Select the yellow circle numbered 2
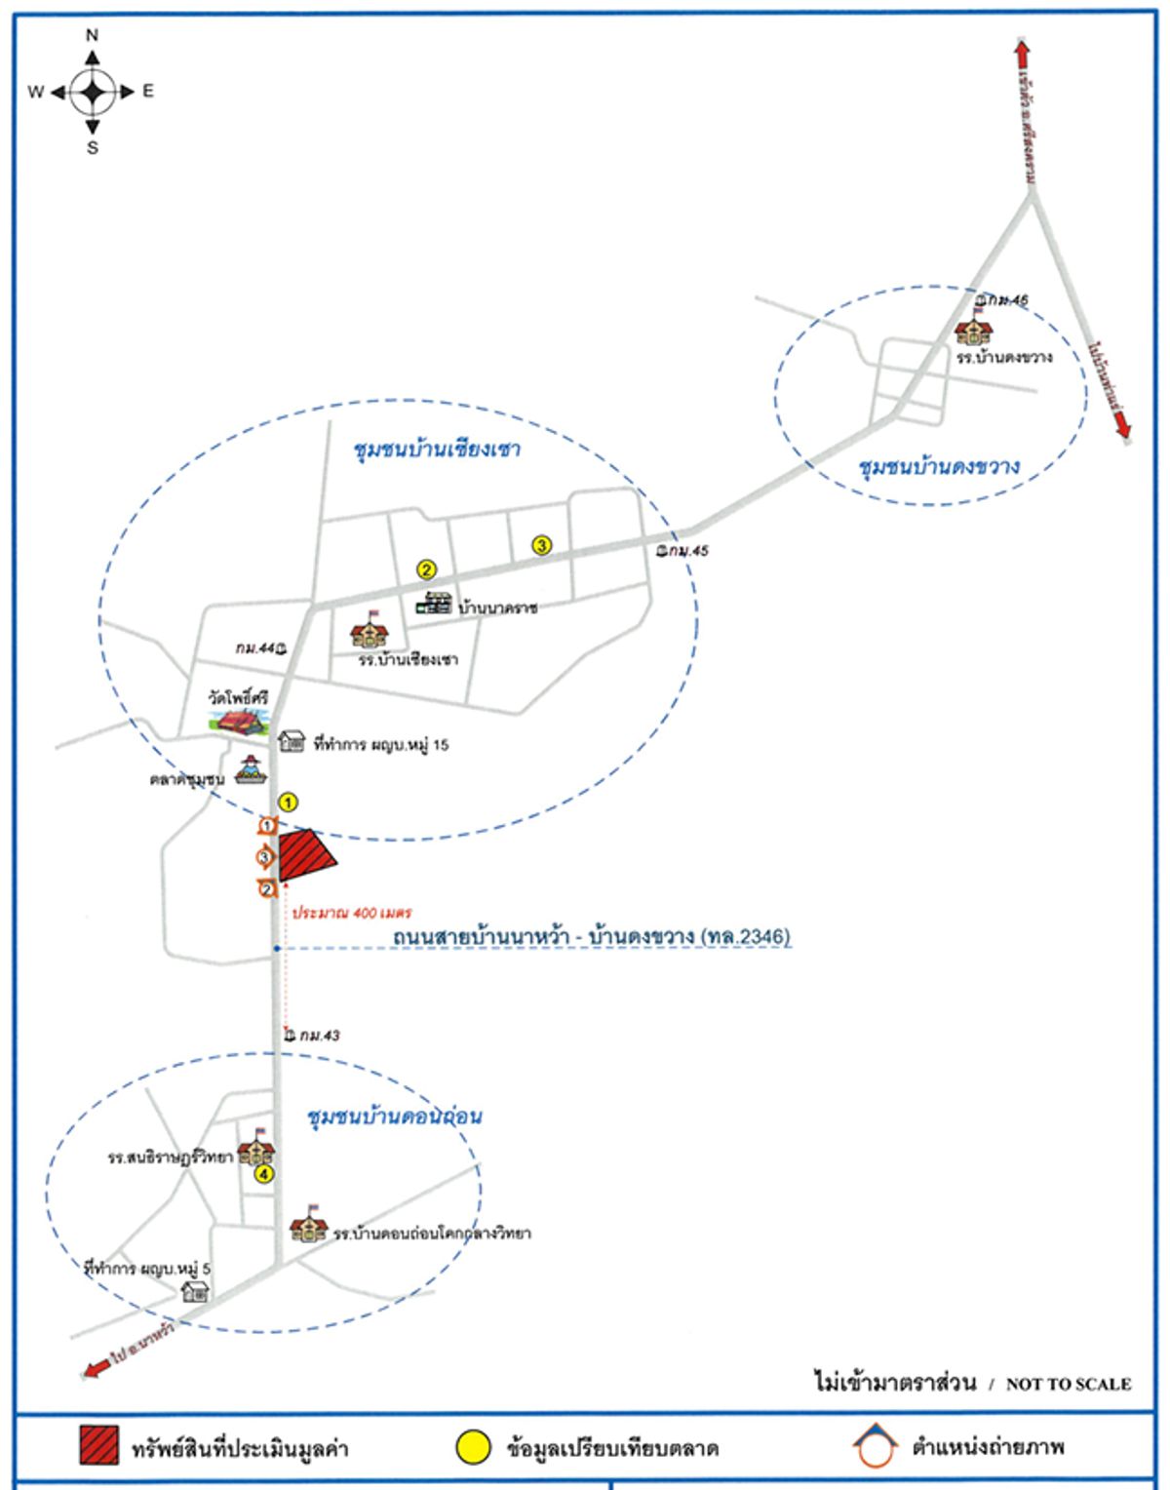426,569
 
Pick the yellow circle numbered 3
541,546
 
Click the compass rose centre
93,92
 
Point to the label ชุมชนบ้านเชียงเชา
437,450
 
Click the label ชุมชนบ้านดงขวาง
939,466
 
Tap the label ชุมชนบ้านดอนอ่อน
394,1116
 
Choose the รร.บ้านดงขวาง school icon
973,332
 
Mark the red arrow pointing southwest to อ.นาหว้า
97,1368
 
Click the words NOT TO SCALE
1068,1384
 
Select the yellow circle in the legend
475,1447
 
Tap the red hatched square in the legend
99,1445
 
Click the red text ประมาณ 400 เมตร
352,914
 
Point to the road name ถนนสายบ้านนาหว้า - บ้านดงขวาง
591,937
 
